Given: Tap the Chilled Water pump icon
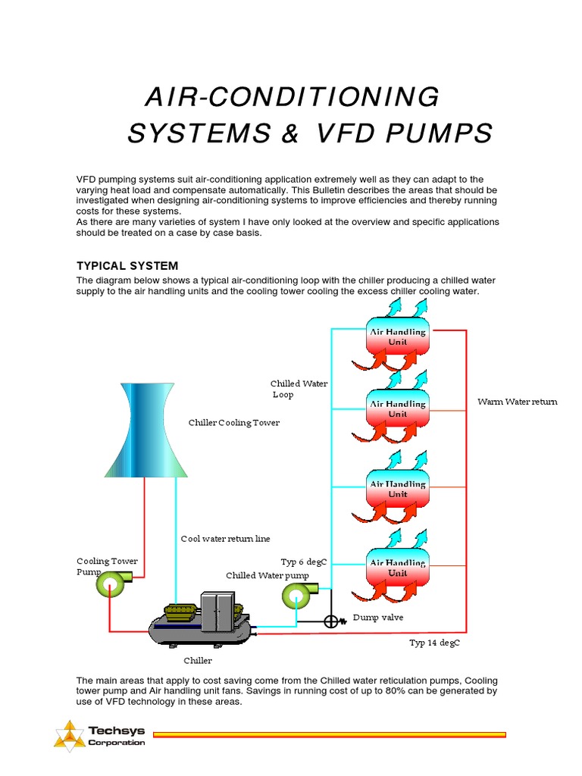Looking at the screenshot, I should pos(296,596).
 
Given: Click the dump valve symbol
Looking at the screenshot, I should pos(330,621).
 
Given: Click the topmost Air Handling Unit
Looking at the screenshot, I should pos(397,337).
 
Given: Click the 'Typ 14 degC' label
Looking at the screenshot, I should pos(435,643).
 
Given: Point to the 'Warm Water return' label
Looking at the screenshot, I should pos(517,402).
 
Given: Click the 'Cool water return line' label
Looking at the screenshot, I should pos(225,539).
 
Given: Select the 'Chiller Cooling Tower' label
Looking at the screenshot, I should pos(233,423).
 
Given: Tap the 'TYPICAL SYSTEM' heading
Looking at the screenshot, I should pos(127,266).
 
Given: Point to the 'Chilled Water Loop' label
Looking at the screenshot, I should pos(299,389).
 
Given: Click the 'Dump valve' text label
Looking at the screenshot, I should pos(378,618).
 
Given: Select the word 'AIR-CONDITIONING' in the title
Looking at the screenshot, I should pos(292,97).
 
